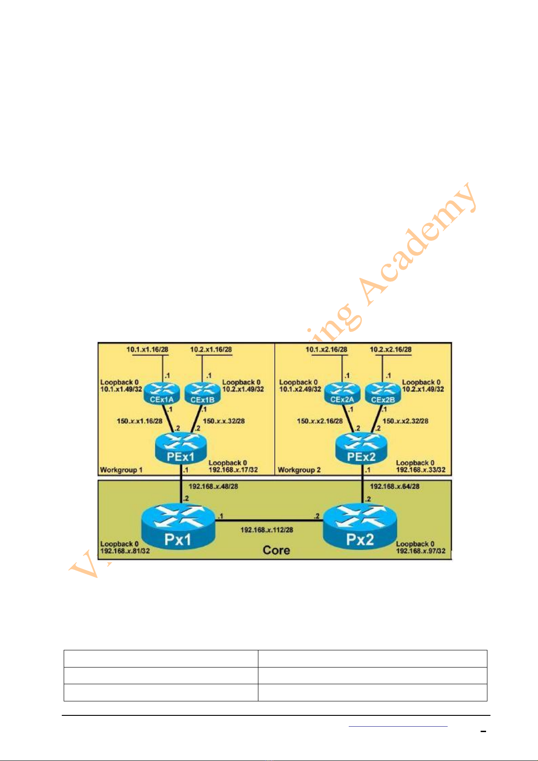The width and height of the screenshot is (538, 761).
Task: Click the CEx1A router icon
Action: point(162,393)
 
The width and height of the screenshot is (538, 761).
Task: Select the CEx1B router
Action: point(202,393)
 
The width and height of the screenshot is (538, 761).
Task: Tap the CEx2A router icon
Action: point(342,393)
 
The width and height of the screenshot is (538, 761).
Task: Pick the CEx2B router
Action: point(383,393)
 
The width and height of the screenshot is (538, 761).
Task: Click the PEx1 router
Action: point(181,449)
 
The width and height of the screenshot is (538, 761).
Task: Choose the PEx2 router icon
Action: point(361,449)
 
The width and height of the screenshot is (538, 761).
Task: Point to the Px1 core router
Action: point(178,528)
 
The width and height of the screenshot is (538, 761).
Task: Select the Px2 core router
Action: point(360,528)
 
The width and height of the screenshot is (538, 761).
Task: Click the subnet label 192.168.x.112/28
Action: point(267,530)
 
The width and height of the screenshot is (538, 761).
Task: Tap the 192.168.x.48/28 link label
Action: point(213,486)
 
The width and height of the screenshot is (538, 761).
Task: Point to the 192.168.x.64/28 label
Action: point(394,486)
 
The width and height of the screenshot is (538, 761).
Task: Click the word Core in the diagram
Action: point(276,550)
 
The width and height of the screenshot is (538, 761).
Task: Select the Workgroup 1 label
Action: point(121,470)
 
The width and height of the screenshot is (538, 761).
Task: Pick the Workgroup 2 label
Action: point(299,470)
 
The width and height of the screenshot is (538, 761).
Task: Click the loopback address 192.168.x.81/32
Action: point(125,551)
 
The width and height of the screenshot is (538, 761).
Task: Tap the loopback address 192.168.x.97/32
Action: point(421,551)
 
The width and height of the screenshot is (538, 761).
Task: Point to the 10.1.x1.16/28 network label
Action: point(147,349)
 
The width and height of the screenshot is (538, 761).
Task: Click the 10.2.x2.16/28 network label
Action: point(391,349)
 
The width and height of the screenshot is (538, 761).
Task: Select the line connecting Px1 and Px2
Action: point(269,521)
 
